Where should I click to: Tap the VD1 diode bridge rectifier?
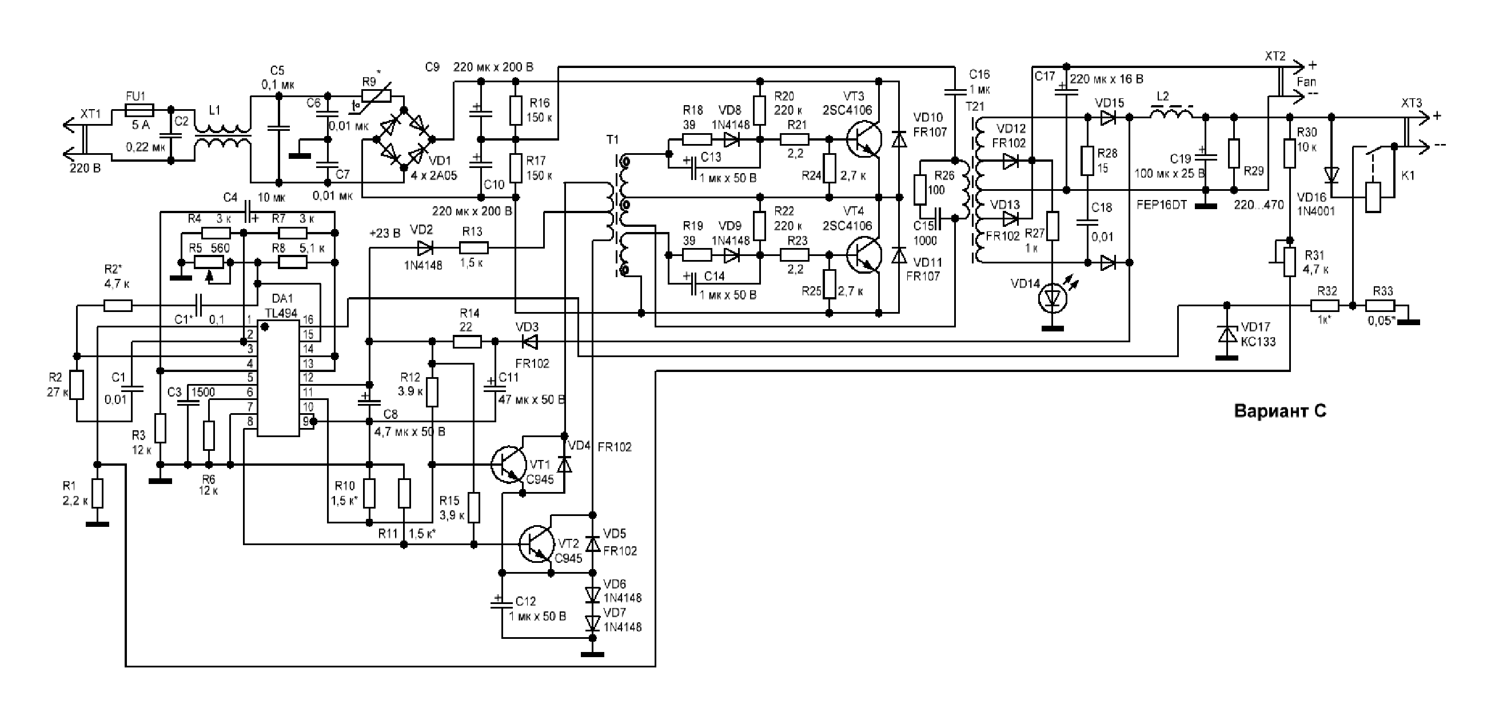[405, 139]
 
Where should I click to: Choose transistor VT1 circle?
[509, 464]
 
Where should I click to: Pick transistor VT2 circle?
[537, 543]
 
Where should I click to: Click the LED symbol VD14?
[1053, 298]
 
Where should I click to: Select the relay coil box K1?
[1373, 197]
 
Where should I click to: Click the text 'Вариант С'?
[1279, 411]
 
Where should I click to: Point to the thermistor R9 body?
[376, 96]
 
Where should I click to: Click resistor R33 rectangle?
[1382, 306]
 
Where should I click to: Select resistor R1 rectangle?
[98, 493]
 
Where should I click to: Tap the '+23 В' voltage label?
[384, 233]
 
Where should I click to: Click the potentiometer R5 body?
[208, 262]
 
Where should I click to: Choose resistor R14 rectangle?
[467, 342]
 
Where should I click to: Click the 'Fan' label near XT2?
[1306, 82]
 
